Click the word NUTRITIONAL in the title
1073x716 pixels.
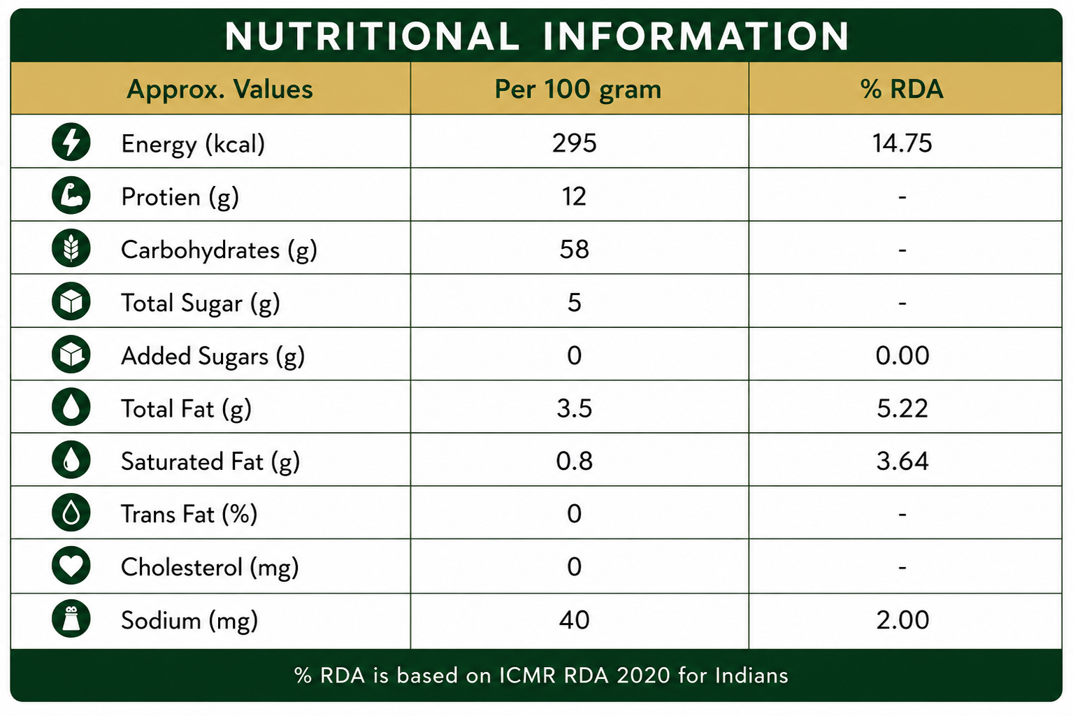coord(372,36)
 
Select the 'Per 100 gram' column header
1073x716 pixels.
coord(577,89)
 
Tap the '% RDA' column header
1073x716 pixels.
coord(902,89)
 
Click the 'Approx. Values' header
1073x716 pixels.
coord(219,89)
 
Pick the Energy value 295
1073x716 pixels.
coord(575,143)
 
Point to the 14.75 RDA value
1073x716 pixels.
coord(902,143)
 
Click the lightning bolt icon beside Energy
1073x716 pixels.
coord(71,142)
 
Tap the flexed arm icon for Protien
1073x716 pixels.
coord(71,195)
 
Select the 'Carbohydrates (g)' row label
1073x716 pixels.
coord(219,250)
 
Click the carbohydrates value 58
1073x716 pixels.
coord(575,249)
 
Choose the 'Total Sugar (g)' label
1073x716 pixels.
coord(200,303)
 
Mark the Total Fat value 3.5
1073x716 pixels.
coord(575,408)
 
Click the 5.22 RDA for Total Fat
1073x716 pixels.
coord(902,408)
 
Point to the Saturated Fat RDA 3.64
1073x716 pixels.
coord(902,461)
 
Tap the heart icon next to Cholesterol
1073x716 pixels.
coord(71,566)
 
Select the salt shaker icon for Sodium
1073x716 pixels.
coord(71,619)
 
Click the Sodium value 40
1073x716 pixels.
coord(575,620)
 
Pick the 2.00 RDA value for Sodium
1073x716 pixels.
coord(902,620)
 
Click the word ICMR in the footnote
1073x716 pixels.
coord(527,675)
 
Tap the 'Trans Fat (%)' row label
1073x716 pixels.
coord(189,514)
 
